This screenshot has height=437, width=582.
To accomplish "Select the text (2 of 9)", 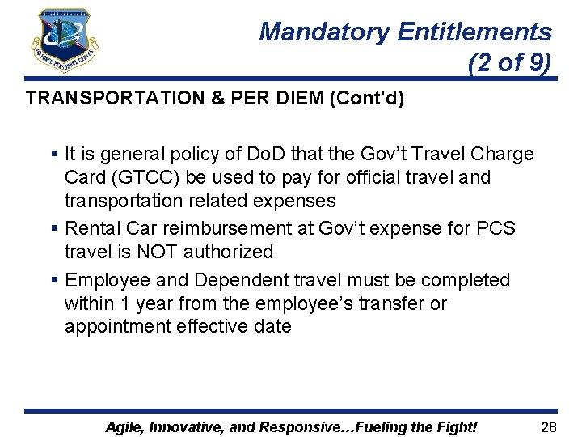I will [x=510, y=62].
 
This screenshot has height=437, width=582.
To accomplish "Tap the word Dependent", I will [x=230, y=280].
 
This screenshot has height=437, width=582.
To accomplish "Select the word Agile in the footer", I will [x=126, y=426].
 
